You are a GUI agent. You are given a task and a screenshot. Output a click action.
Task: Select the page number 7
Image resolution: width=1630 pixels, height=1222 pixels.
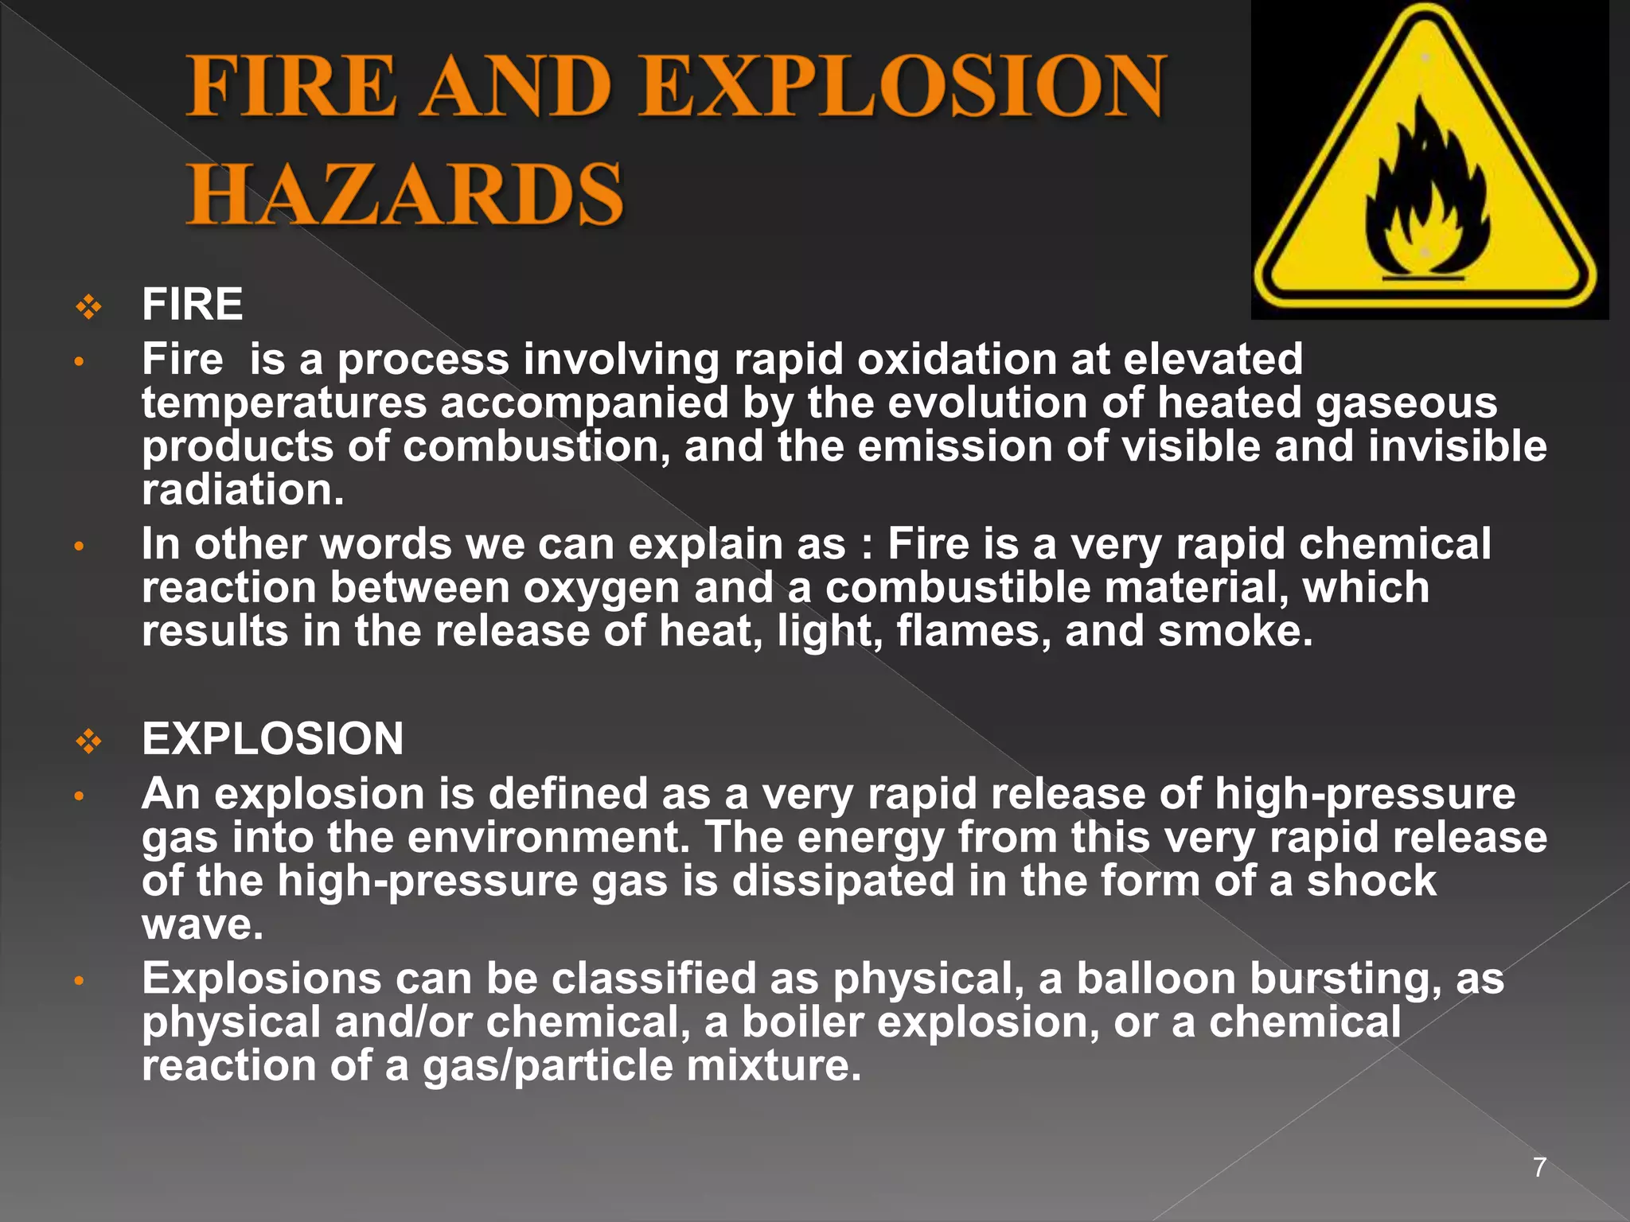pos(1539,1168)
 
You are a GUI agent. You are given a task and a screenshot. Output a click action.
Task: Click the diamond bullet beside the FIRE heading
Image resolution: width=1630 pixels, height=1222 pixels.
pos(89,306)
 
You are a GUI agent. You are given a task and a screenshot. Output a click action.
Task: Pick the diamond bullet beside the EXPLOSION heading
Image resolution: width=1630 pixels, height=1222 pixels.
pos(89,741)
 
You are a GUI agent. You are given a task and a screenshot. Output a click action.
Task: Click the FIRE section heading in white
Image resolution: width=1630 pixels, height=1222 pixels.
pos(192,305)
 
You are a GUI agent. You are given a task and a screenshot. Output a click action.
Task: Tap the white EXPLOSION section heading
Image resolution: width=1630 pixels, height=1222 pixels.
pos(272,739)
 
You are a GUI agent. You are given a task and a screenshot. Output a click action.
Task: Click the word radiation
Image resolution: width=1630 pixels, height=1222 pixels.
pos(243,490)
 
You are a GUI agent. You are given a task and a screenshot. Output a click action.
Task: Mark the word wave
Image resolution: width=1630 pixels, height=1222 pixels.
pos(201,925)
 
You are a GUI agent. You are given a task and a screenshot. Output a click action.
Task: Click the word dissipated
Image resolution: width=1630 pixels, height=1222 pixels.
pos(842,881)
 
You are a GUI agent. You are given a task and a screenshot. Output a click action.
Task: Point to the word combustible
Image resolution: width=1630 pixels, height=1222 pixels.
pos(957,589)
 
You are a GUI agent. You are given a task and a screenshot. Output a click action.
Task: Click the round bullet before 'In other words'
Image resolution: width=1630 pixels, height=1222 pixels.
pos(79,547)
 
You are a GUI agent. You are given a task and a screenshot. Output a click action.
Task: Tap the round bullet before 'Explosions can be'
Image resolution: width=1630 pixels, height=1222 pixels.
pos(79,981)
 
